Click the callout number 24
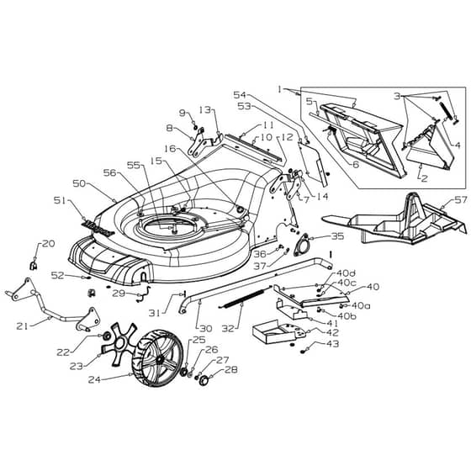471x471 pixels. pos(94,379)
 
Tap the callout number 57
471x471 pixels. pos(461,200)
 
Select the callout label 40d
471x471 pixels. pos(346,273)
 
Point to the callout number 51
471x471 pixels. pos(60,200)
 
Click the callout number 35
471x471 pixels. pos(337,236)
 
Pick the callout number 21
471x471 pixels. pos(22,325)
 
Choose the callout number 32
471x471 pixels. pos(228,328)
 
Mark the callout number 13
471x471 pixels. pos(205,110)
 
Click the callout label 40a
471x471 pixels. pos(361,306)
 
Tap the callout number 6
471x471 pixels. pos(356,164)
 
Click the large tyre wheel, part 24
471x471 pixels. pos(157,358)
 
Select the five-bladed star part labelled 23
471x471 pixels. pos(118,345)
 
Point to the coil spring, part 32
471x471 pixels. pos(246,299)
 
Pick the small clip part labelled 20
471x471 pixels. pos(34,266)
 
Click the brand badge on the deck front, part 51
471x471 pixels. pos(98,229)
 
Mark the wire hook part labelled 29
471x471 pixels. pos(144,294)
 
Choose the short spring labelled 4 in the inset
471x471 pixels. pos(446,110)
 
